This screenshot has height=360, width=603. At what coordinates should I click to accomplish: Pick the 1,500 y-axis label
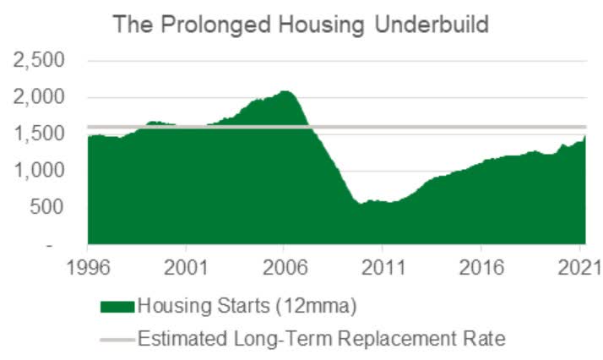coord(38,134)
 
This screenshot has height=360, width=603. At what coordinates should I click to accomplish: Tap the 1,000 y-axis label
coord(38,171)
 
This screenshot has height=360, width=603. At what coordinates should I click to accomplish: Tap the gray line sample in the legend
coord(117,340)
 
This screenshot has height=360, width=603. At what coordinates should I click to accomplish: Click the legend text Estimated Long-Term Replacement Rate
coord(321,340)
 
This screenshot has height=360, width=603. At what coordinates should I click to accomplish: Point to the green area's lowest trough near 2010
coord(359,204)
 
